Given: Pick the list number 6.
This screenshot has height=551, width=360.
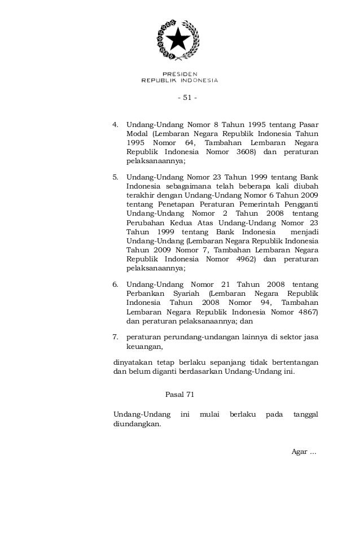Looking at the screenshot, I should point(116,284).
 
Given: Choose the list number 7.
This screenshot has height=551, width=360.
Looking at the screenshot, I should point(116,338).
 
